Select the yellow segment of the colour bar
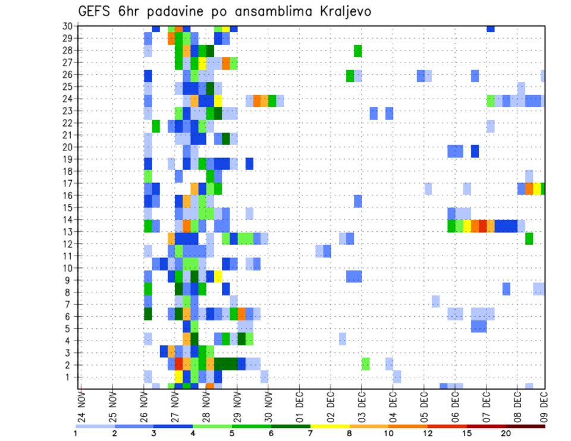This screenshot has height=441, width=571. [330, 426]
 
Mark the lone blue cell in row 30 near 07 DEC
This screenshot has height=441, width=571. [491, 29]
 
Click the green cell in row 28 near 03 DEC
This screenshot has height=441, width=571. [358, 51]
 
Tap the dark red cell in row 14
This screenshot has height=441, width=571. [483, 226]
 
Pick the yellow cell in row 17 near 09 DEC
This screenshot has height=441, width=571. [537, 188]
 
